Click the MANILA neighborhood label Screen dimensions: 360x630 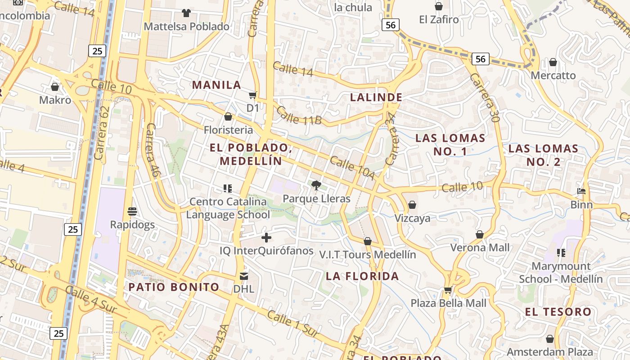point(216,85)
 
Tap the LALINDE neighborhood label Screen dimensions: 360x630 point(376,97)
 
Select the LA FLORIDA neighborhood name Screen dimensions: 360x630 point(362,276)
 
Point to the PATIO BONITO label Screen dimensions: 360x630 point(174,287)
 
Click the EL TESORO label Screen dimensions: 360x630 point(558,311)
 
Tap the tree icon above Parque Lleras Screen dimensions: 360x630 point(316,185)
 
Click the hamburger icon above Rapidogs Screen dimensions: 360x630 point(132,211)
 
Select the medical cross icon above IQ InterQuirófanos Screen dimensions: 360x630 point(266,237)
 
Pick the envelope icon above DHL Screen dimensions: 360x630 point(244,276)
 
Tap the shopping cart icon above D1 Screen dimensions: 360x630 point(253,95)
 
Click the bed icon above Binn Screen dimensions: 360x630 point(581,191)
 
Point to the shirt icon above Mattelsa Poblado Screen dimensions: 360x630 point(186,13)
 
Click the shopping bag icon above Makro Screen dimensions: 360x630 point(55,86)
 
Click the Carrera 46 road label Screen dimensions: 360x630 point(153,149)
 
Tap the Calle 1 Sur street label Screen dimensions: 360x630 point(293,323)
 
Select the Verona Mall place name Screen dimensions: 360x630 point(480,247)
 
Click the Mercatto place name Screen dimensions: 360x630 point(553,75)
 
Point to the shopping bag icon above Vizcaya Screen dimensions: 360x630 point(412,205)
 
